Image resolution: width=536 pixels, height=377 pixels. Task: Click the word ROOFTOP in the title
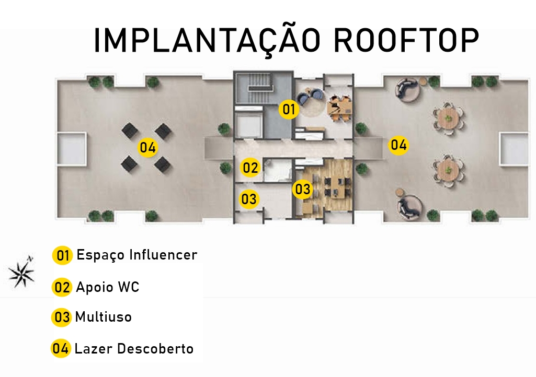click(406, 40)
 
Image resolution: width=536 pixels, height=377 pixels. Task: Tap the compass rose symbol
click(22, 272)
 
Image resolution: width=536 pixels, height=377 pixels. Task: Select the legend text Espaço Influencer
click(136, 255)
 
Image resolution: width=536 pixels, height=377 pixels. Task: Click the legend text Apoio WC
click(108, 287)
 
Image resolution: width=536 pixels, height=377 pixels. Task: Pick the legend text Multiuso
click(103, 317)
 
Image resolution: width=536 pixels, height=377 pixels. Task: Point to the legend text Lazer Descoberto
click(134, 349)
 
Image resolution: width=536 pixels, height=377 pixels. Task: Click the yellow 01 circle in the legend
click(62, 255)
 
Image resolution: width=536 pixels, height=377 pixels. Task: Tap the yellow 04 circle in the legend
click(61, 348)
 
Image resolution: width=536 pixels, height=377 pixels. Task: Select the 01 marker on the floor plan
click(289, 109)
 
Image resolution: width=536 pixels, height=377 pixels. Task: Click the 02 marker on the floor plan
click(250, 168)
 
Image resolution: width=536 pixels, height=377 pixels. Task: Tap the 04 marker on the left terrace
click(147, 148)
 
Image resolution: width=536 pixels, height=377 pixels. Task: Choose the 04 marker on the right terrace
click(398, 145)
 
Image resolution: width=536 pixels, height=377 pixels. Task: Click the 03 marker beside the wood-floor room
click(303, 189)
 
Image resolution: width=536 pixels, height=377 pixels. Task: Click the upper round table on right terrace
click(448, 119)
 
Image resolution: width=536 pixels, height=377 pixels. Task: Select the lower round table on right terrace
click(448, 170)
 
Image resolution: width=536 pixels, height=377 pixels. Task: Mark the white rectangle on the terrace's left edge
click(71, 149)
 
